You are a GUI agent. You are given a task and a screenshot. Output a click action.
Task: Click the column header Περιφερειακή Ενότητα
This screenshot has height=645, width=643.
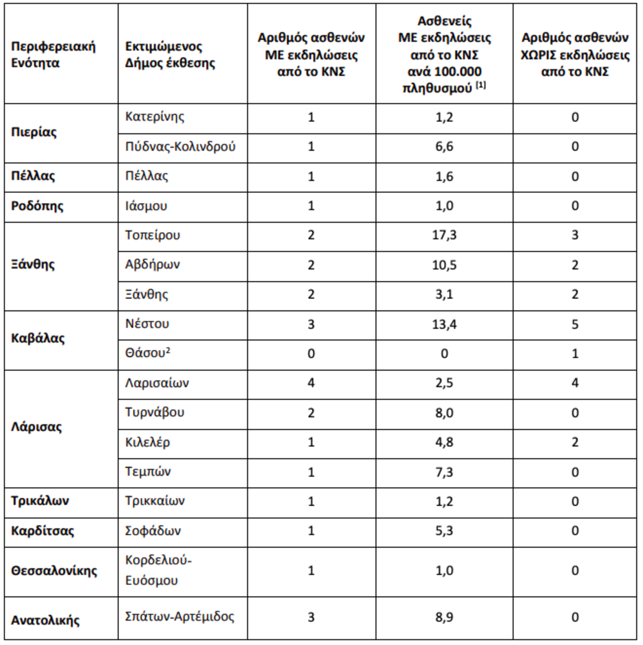click(x=53, y=55)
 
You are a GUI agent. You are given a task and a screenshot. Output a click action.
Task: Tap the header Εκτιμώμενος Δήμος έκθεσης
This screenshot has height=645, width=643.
click(x=170, y=55)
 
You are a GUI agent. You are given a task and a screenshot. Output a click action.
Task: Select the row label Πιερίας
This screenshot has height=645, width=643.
click(x=34, y=132)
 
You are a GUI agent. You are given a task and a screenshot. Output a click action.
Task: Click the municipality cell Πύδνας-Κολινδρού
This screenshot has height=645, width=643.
click(x=180, y=147)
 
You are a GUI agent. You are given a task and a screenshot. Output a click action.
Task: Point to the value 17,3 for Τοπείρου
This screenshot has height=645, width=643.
click(x=444, y=235)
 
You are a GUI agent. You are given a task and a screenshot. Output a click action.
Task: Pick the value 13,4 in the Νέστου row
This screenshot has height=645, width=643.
click(x=444, y=324)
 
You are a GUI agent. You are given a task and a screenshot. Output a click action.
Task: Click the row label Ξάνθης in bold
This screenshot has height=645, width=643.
click(x=33, y=265)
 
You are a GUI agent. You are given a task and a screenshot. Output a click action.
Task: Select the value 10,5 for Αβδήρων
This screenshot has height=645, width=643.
click(x=444, y=265)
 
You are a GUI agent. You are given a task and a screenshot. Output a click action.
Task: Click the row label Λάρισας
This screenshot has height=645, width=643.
click(x=36, y=427)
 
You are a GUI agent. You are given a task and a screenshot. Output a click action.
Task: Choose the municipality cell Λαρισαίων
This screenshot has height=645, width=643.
click(x=157, y=383)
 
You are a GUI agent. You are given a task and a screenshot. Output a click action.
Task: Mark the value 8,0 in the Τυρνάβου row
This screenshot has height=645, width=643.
click(x=444, y=413)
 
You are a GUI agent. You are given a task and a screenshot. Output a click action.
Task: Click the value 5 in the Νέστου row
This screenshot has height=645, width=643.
click(x=575, y=324)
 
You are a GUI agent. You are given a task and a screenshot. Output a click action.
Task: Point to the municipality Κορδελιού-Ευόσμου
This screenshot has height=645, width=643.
click(x=158, y=571)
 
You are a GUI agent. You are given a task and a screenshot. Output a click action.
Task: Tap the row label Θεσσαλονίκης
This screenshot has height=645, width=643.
click(x=54, y=571)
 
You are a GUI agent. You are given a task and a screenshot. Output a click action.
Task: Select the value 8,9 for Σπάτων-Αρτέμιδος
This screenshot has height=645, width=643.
click(x=444, y=617)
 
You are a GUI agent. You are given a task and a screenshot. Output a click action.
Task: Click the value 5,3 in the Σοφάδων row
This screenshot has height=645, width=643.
click(x=444, y=531)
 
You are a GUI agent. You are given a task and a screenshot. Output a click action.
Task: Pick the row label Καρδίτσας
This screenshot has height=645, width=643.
click(x=42, y=531)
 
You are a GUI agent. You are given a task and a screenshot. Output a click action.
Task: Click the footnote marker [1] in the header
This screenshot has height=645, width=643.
click(x=480, y=85)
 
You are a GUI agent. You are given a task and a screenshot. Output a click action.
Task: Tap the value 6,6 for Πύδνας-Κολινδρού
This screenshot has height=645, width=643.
click(x=444, y=147)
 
